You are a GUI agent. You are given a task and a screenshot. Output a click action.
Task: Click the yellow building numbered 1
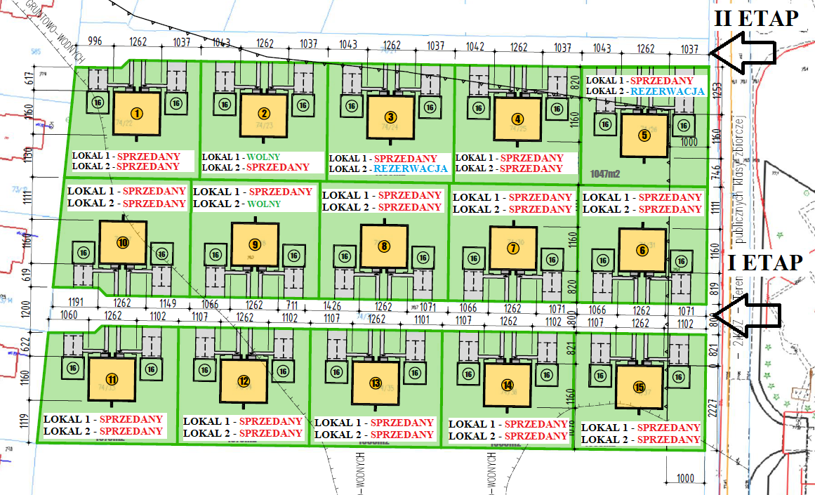pyautogui.click(x=137, y=114)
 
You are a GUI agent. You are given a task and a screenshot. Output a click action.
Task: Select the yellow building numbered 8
pyautogui.click(x=384, y=246)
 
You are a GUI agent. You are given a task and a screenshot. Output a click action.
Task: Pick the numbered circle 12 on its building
pyautogui.click(x=244, y=382)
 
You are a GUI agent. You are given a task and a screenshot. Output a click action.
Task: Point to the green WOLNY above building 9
pyautogui.click(x=264, y=204)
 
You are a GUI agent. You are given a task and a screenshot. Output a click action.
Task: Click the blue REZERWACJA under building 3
pyautogui.click(x=411, y=169)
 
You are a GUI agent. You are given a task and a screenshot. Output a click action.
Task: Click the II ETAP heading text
pyautogui.click(x=756, y=19)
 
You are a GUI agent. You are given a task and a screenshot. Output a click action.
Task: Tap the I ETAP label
pyautogui.click(x=765, y=263)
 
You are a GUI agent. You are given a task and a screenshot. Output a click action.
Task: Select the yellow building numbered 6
pyautogui.click(x=642, y=250)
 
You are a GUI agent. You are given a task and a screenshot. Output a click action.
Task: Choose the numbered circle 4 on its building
pyautogui.click(x=517, y=118)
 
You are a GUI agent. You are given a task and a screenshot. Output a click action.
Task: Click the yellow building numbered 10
pyautogui.click(x=123, y=243)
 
